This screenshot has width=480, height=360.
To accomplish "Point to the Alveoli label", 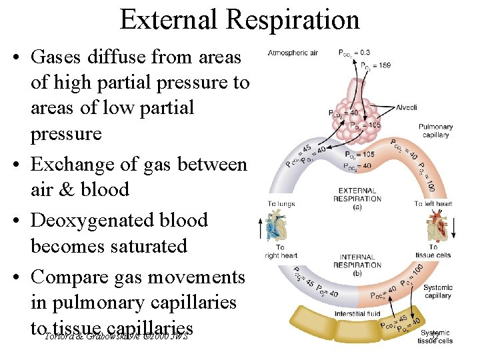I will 406,107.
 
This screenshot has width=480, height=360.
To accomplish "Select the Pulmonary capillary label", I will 436,131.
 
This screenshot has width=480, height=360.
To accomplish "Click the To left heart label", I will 433,204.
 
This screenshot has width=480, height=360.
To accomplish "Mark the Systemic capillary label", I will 437,292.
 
